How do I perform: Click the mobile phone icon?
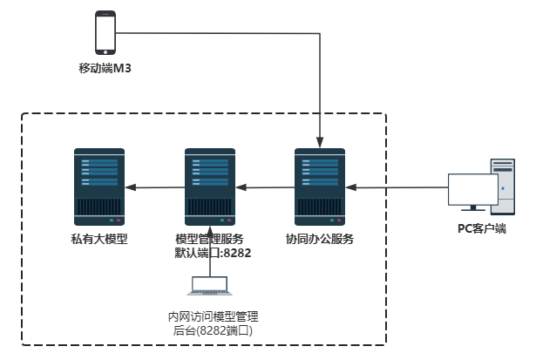[105, 33]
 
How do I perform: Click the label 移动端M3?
[105, 68]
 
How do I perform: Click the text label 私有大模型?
[98, 238]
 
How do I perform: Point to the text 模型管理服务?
[209, 238]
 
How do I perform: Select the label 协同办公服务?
[320, 238]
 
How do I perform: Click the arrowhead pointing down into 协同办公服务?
[321, 141]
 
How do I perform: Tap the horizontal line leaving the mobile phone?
[218, 33]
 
